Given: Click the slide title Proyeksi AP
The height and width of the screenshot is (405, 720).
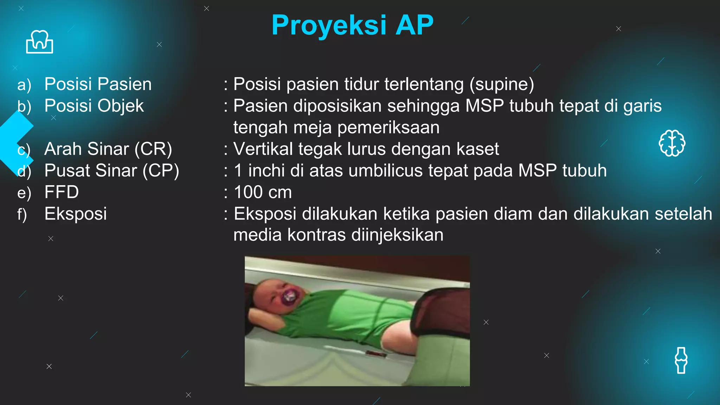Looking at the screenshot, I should coord(352,25).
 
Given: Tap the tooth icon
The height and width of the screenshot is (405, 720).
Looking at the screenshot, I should coord(39,42).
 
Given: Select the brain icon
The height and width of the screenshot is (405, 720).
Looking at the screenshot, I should coord(672,143).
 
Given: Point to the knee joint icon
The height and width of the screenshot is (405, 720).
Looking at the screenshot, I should coord(681,360).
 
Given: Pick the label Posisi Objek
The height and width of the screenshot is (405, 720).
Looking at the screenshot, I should coord(94,106).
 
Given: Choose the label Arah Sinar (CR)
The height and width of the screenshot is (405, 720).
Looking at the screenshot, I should coord(108,149).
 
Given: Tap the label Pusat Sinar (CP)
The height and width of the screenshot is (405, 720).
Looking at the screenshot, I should coord(111,171).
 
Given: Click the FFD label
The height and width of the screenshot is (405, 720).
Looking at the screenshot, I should coord(62,192).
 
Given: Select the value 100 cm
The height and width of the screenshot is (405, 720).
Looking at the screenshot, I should coord(263,192).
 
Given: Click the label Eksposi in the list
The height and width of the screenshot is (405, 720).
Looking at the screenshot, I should coord(76,214).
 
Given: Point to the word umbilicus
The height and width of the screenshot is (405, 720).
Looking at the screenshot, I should coord(385,171).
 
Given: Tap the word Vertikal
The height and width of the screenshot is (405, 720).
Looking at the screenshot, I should coord(263,149).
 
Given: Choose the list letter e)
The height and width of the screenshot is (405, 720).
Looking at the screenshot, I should coord(24,193).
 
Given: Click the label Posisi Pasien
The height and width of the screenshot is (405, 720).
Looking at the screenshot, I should coord(98,84).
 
